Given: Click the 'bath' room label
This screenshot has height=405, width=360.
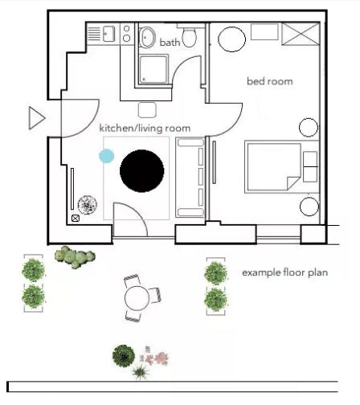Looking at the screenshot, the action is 170,43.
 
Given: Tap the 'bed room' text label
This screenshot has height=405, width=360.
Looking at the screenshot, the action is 270,81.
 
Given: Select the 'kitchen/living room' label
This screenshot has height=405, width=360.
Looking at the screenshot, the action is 145,129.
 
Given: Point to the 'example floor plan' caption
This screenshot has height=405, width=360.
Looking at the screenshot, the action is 285,272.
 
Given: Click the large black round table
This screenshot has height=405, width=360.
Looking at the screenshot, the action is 142,171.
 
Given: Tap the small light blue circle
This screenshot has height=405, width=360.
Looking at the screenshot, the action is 107,156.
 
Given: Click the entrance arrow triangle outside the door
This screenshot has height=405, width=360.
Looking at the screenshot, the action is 37,118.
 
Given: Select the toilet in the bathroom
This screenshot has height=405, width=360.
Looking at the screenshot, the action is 190,35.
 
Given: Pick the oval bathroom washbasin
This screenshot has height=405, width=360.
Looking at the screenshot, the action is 148,38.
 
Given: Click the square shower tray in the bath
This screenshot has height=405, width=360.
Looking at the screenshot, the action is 153,69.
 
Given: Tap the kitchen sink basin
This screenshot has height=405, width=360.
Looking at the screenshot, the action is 108,34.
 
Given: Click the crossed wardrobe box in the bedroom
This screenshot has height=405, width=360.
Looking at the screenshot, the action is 301,34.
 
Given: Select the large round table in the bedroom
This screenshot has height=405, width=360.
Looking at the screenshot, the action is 231,39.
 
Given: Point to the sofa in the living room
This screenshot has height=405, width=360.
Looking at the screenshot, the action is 190,178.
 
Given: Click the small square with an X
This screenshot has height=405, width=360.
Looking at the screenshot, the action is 76,219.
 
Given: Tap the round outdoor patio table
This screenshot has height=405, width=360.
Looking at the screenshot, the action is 137,298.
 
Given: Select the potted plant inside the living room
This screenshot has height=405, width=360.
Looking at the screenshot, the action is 88,205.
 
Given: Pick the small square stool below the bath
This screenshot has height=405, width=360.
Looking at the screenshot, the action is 147,110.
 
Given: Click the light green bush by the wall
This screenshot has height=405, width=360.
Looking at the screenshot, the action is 75,257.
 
